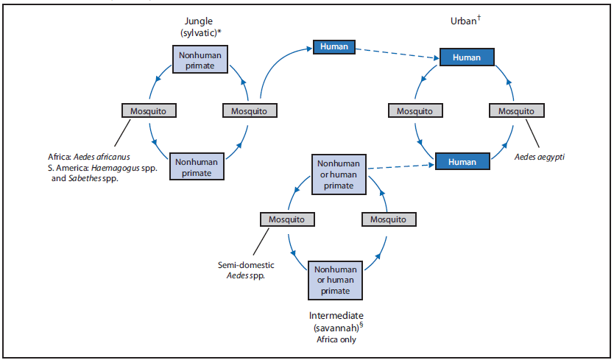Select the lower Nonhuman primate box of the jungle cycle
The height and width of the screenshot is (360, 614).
coord(198,166)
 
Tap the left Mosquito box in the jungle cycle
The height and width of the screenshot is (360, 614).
coord(149,111)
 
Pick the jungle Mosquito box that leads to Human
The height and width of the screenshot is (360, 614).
coord(250,111)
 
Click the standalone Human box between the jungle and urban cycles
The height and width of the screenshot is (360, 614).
coord(334,47)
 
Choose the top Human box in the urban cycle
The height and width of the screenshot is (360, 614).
coord(467,57)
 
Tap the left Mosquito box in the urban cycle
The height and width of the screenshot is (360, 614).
coord(415,111)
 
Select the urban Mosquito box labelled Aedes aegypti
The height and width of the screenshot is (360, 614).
coord(517,111)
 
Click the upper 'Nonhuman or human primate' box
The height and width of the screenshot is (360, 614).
coord(339,174)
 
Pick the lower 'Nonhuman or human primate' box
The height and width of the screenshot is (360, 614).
coord(335,280)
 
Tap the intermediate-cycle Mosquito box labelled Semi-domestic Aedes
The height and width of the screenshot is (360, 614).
coord(287,219)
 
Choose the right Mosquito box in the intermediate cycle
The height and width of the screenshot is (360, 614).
coord(388,219)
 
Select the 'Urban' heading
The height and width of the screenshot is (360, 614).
coord(463,21)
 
